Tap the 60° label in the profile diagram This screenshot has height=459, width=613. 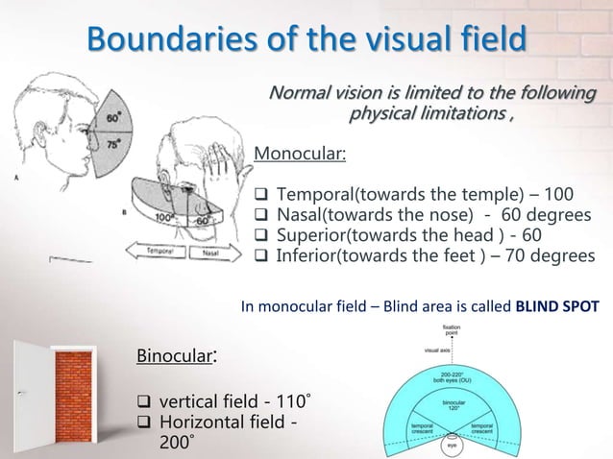[114, 118]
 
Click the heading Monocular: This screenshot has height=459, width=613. [300, 155]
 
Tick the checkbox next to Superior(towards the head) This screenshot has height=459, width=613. [259, 236]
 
